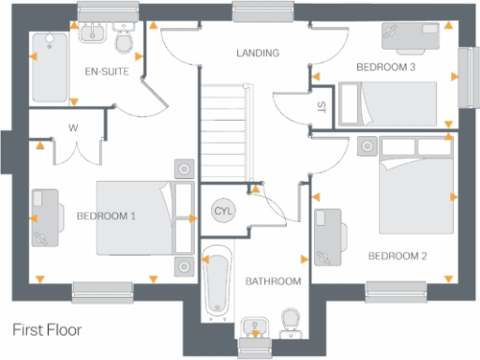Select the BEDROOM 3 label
pyautogui.click(x=385, y=67)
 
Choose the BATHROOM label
pyautogui.click(x=274, y=281)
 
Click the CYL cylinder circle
pyautogui.click(x=223, y=210)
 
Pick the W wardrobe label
pyautogui.click(x=71, y=128)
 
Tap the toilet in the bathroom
pyautogui.click(x=290, y=322)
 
